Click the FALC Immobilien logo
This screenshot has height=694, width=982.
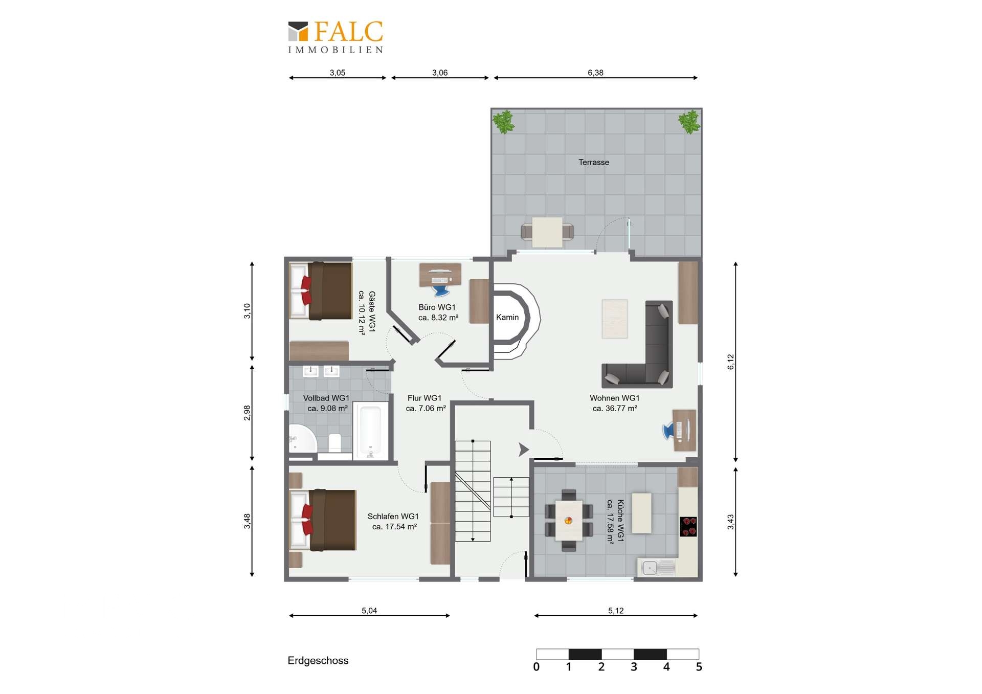pos(336,37)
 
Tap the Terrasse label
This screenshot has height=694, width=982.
pos(594,162)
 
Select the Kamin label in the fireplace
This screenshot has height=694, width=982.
pos(507,317)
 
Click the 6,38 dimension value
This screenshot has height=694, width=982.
pos(595,73)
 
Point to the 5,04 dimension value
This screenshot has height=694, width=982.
pos(369,610)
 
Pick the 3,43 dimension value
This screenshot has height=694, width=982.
pos(731,522)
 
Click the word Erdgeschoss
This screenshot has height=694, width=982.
pos(318,660)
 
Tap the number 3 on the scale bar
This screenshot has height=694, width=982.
pos(634,667)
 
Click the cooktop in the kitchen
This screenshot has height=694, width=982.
pos(688,526)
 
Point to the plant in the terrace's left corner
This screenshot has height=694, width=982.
pos(504,122)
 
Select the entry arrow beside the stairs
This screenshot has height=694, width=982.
pos(524,450)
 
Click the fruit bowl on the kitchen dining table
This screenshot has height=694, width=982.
pos(568,521)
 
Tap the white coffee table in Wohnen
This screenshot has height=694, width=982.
pos(615,319)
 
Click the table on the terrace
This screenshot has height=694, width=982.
pos(547,233)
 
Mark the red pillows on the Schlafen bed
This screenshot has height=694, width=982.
pos(307,519)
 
